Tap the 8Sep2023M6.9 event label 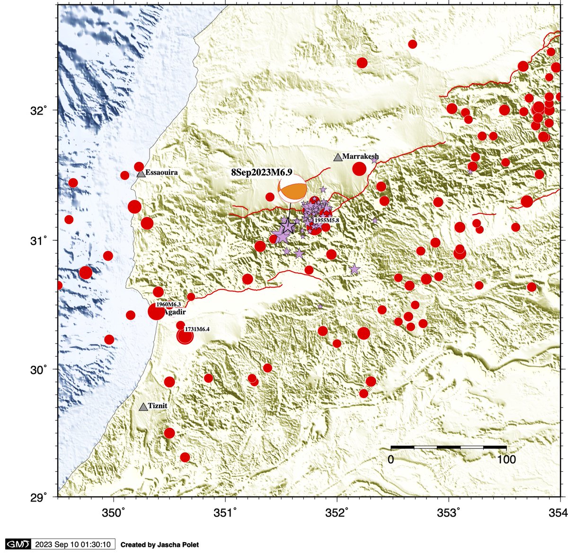coord(261,173)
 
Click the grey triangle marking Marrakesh coord(337,158)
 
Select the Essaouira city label coord(161,173)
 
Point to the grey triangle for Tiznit coord(143,407)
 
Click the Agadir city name coord(174,313)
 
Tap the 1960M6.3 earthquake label coord(168,305)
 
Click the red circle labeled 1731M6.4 coord(185,336)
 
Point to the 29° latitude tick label coord(40,497)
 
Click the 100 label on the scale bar coord(506,459)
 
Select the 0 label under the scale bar coord(391,459)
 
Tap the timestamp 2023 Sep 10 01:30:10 coord(72,544)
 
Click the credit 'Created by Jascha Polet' coord(160,545)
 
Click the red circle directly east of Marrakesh coord(359,169)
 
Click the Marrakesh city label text coord(360,156)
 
